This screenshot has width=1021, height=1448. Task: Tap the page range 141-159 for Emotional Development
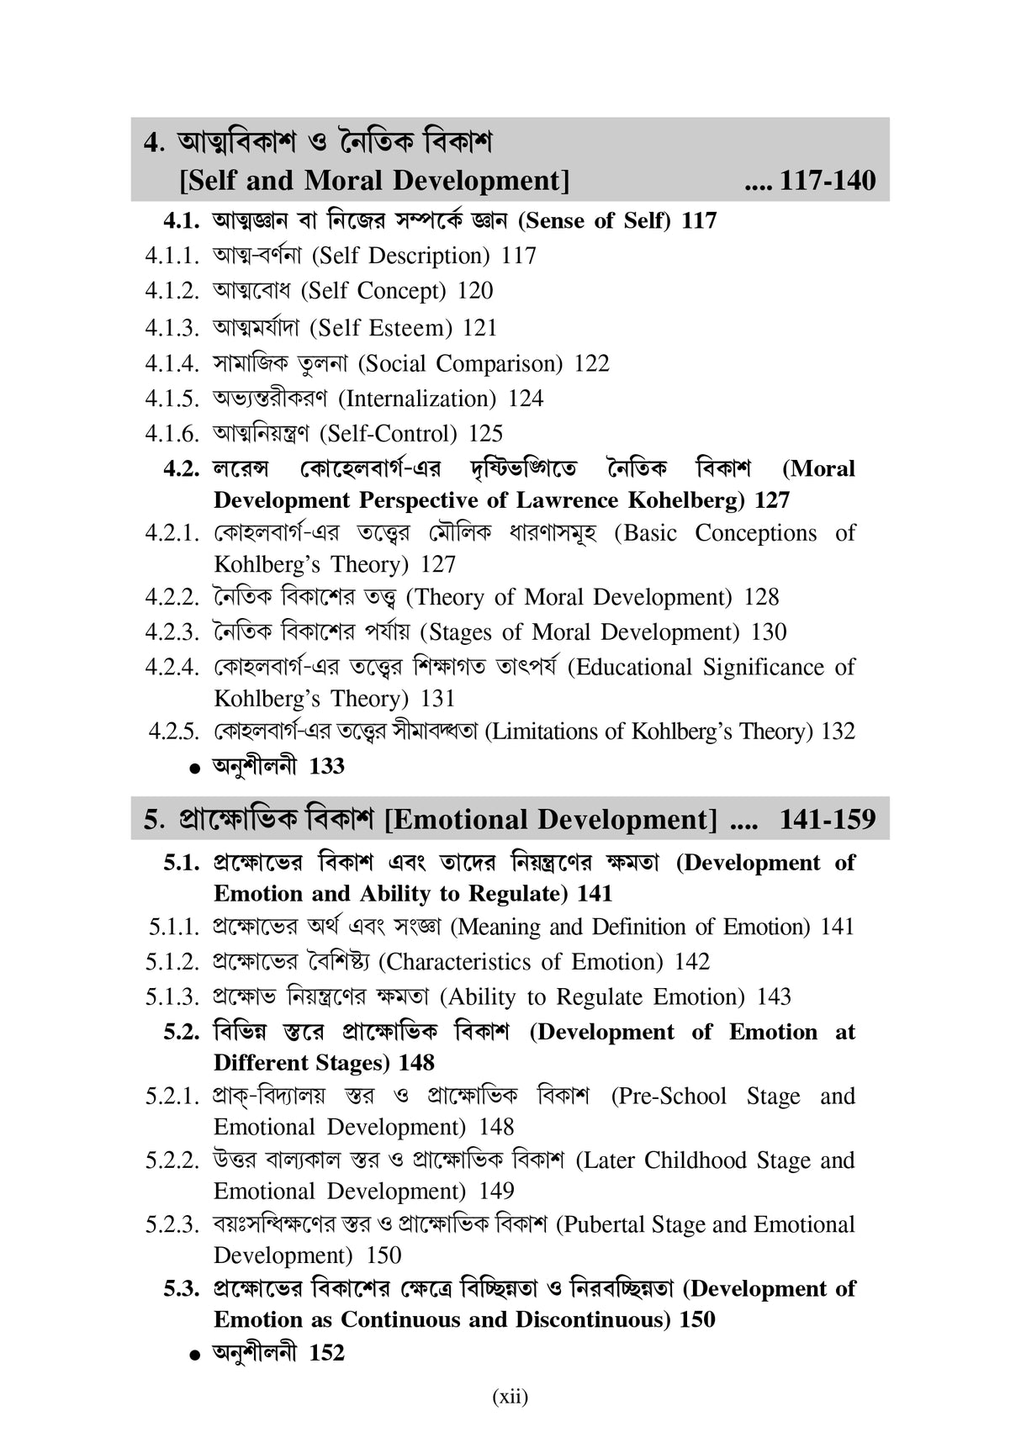pyautogui.click(x=828, y=819)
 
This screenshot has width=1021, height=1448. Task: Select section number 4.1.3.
pyautogui.click(x=172, y=328)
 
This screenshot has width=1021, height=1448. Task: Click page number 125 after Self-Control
pyautogui.click(x=485, y=434)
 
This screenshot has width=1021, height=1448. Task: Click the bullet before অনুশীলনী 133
pyautogui.click(x=195, y=768)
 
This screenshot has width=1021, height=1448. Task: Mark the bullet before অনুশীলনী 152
pyautogui.click(x=195, y=1355)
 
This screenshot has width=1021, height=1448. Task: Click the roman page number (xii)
pyautogui.click(x=510, y=1397)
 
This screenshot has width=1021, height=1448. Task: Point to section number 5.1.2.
pyautogui.click(x=172, y=962)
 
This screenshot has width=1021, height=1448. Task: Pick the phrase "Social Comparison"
pyautogui.click(x=460, y=364)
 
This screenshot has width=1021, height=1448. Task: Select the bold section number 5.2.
pyautogui.click(x=182, y=1032)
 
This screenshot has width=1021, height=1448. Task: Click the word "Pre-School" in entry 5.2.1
pyautogui.click(x=669, y=1097)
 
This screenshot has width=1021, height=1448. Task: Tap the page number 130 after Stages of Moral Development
pyautogui.click(x=769, y=632)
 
